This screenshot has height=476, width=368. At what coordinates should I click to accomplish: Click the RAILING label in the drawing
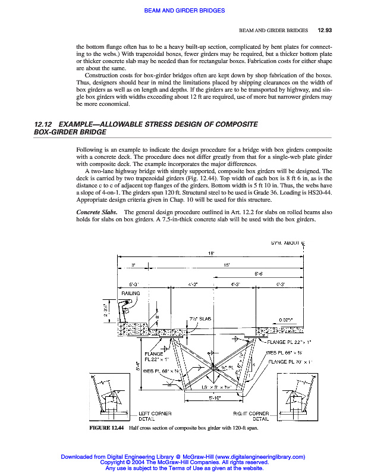131,293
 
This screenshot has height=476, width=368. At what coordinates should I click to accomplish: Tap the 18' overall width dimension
211,254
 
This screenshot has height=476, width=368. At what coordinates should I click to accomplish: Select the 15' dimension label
227,264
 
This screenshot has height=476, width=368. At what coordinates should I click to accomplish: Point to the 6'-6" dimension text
260,274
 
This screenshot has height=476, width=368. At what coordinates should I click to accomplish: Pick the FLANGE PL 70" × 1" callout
291,361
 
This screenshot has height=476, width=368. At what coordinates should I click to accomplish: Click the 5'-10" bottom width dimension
215,398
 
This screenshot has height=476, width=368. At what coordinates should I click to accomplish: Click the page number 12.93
325,30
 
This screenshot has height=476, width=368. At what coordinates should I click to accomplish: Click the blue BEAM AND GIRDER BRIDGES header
184,10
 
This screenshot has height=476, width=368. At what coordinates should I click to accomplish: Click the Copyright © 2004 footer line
184,462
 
